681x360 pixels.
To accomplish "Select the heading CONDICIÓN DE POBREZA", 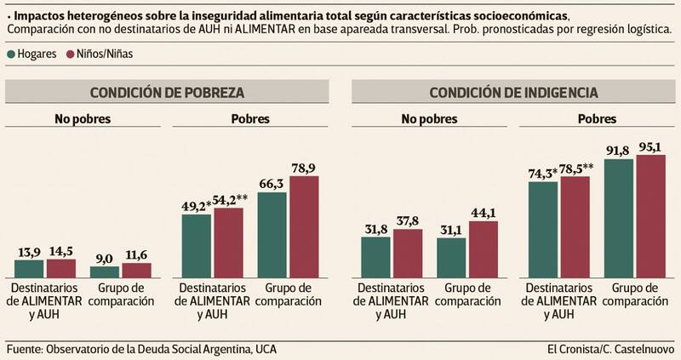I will [x=167, y=92].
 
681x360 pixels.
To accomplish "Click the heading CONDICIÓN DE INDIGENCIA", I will [x=512, y=92].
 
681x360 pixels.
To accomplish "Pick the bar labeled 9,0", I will [x=105, y=271].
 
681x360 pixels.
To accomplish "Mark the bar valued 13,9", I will [x=30, y=268].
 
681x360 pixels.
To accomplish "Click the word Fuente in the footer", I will [x=24, y=349].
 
